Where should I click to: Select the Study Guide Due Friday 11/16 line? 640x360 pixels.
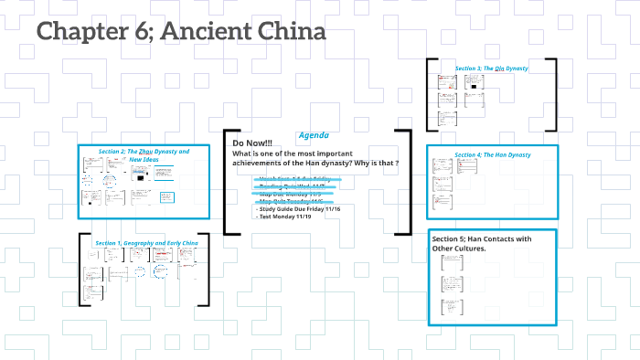[x=299, y=208]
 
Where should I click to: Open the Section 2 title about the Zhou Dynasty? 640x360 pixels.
[x=144, y=154]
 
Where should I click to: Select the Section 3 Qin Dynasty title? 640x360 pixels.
[x=491, y=69]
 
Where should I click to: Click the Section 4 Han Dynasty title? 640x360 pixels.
[x=492, y=154]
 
